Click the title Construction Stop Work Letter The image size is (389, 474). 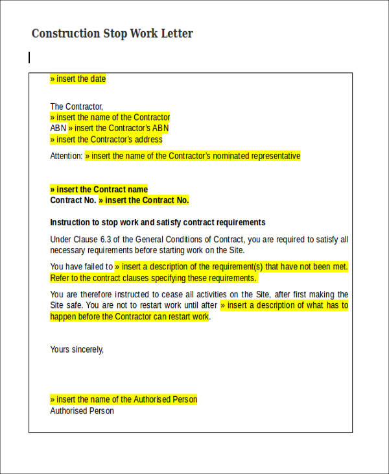112,34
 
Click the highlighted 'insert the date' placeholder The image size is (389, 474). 78,79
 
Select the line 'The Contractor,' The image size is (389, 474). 77,106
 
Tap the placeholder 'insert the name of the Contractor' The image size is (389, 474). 110,118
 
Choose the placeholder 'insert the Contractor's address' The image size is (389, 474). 106,140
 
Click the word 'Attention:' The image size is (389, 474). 66,156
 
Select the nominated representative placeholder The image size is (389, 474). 193,156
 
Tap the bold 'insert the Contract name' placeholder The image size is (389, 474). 99,190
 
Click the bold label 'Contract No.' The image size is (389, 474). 73,201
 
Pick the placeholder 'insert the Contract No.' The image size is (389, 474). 144,201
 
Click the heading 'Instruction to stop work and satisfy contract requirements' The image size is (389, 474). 158,222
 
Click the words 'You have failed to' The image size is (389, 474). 81,267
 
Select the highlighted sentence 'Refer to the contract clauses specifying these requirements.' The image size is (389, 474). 153,278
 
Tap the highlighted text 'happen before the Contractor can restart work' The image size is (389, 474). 130,317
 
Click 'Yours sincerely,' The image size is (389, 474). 77,349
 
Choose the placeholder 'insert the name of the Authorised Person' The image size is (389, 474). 123,399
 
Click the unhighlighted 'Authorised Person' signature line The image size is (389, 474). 82,411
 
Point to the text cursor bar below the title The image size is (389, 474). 29,58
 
